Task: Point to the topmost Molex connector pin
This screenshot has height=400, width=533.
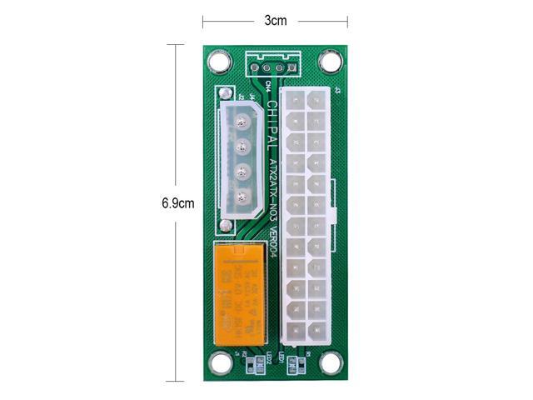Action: point(242,123)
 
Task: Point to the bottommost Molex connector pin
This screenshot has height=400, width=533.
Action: point(242,197)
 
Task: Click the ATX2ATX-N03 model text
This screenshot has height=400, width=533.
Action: point(273,185)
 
